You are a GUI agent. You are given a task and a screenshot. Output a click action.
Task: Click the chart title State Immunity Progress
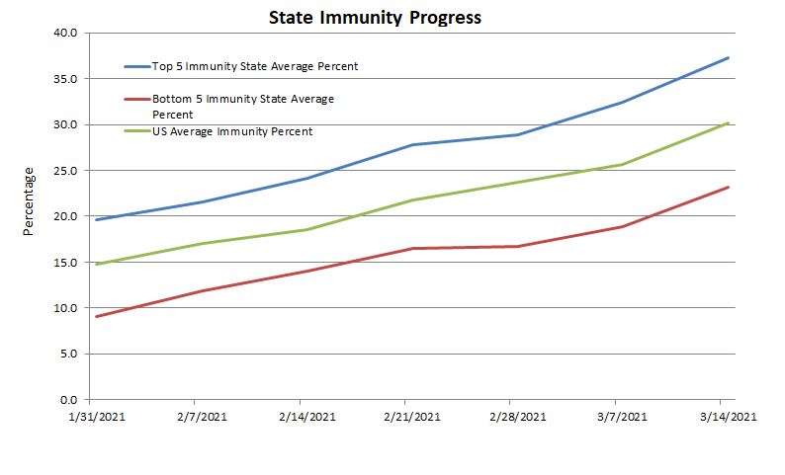(362, 18)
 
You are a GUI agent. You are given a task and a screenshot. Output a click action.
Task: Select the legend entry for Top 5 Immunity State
(254, 66)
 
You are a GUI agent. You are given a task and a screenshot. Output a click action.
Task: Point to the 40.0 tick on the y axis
(66, 33)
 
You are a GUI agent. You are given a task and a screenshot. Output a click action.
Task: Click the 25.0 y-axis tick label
(66, 171)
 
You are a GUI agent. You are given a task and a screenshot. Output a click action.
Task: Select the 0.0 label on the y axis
(69, 400)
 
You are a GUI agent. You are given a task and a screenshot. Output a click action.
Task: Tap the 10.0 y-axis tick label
(66, 308)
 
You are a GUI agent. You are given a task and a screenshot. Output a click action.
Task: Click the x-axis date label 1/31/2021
(95, 417)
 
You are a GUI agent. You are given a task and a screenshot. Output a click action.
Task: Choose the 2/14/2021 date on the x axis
(305, 417)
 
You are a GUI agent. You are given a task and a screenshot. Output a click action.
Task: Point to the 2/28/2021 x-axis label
(517, 417)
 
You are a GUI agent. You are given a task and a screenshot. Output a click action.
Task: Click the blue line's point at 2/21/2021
(411, 145)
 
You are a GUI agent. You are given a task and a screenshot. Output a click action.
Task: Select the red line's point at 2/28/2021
(517, 246)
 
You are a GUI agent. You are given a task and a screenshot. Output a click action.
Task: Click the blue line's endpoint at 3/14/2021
(729, 57)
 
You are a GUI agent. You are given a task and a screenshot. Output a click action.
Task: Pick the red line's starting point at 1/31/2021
(96, 317)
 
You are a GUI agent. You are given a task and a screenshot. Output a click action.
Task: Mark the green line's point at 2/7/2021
(202, 244)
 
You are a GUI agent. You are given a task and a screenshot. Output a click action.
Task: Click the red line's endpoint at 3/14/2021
(729, 187)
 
